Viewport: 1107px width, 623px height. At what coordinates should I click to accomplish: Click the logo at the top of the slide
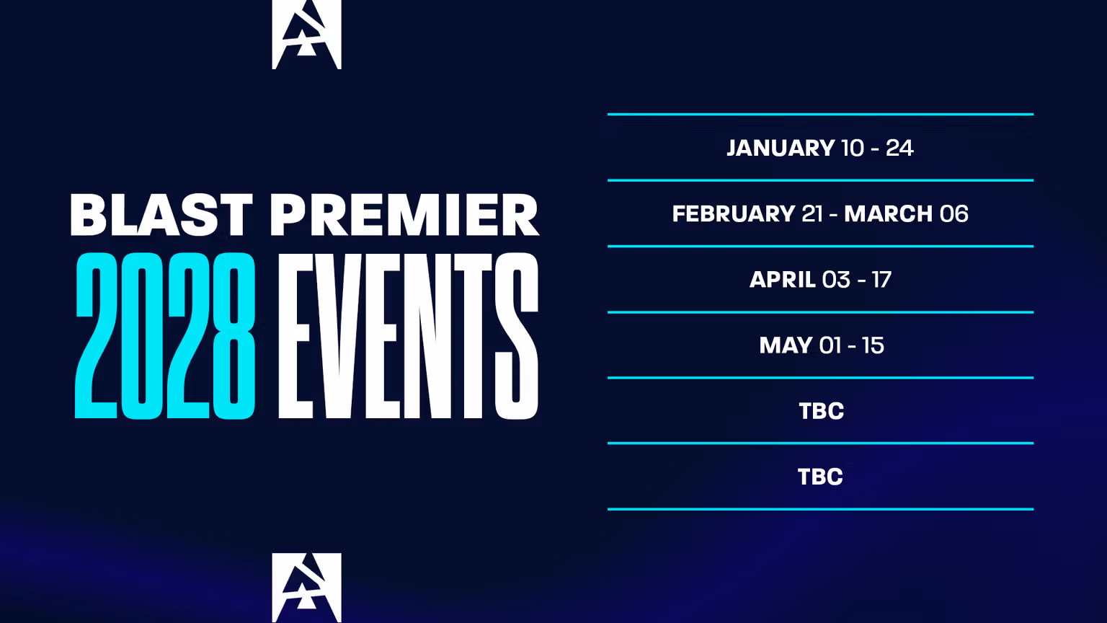coord(306,34)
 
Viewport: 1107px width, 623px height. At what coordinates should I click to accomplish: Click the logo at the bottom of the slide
coord(306,587)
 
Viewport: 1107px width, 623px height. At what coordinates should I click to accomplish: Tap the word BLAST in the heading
coord(161,215)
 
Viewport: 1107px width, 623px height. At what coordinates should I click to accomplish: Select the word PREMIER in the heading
coord(404,215)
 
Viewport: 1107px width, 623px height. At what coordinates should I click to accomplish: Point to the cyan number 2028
coord(165,336)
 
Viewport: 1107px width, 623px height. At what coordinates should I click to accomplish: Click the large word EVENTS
coord(408,336)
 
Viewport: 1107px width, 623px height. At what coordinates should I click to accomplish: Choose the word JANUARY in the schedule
coord(781,148)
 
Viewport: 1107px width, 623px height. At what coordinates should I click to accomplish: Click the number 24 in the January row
coord(899,148)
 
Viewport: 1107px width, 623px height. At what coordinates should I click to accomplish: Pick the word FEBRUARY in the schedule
coord(733,213)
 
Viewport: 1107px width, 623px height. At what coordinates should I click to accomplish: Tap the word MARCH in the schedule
coord(888,213)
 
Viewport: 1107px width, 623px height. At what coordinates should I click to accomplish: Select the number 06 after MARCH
coord(954,213)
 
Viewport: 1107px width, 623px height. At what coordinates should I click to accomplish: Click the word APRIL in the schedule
coord(782,279)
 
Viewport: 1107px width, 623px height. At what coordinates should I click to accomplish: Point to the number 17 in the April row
coord(881,279)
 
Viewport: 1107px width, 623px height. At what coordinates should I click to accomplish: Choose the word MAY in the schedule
coord(786,345)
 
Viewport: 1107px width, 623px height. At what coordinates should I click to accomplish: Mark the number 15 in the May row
coord(873,345)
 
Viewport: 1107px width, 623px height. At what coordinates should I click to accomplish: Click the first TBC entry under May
coord(821,411)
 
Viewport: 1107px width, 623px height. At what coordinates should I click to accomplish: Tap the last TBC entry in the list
coord(820,477)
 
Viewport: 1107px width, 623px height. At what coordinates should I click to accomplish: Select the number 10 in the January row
coord(853,148)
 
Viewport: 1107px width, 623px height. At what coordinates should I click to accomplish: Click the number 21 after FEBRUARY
coord(812,213)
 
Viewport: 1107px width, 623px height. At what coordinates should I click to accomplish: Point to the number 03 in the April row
coord(836,279)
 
